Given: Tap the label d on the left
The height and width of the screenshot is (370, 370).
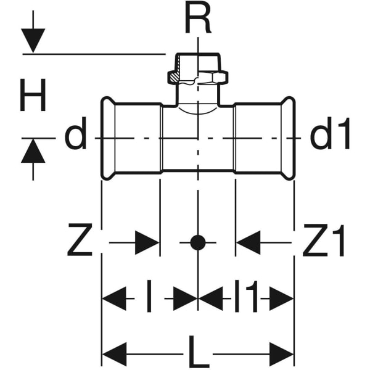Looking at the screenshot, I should pos(76,137).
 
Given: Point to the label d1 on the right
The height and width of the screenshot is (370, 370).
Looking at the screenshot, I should pos(330,136).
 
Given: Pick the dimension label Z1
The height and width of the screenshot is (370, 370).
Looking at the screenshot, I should pos(326,243).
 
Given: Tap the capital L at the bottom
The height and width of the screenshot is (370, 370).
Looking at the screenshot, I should pos(197,355).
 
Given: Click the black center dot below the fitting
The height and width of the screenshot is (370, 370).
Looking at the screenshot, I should pos(197,243).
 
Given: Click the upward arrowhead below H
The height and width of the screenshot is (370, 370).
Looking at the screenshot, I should pos(33,151).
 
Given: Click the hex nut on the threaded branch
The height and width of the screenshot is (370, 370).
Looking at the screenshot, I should pos(197,78).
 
